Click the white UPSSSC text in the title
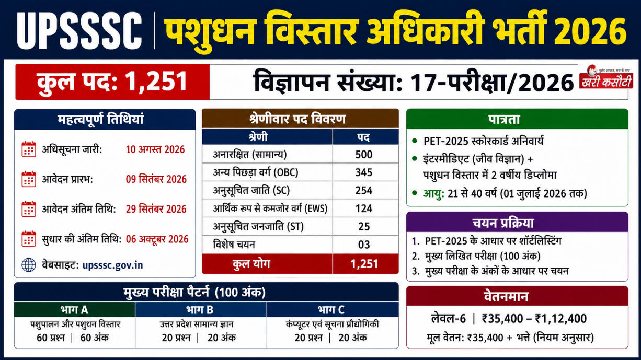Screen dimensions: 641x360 [x=79, y=31]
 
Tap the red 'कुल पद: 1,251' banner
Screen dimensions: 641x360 [x=112, y=82]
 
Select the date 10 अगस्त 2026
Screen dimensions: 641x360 [x=155, y=149]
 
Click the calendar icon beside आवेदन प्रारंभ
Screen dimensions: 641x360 [x=29, y=179]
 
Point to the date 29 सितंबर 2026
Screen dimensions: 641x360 [x=156, y=210]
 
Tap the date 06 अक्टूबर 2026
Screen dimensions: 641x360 [x=157, y=239]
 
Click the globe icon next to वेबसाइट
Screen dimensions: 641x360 [x=29, y=265]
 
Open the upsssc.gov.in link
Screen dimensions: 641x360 [x=112, y=265]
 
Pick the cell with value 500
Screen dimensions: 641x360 [x=364, y=155]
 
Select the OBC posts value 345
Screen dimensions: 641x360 [x=364, y=172]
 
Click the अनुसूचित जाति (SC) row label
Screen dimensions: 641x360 [x=251, y=190]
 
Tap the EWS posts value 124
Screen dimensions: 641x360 [x=364, y=208]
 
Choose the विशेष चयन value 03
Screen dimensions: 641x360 [x=364, y=245]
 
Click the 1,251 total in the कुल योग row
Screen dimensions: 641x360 [x=364, y=264]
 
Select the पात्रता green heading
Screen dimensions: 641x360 [x=517, y=119]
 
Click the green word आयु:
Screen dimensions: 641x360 [x=433, y=193]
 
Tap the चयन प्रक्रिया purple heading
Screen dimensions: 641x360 [x=517, y=223]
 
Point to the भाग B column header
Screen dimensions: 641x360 [x=201, y=310]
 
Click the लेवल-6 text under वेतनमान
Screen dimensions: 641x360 [x=449, y=319]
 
